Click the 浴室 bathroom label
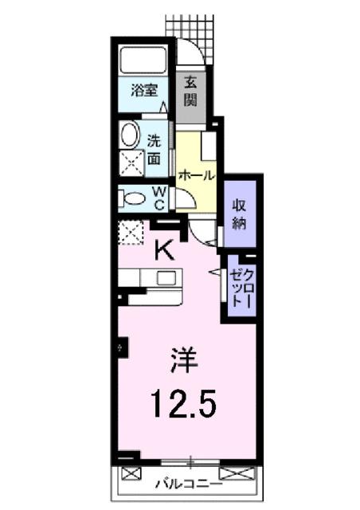(144, 91)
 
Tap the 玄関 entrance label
(192, 91)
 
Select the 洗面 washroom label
(155, 151)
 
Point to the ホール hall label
(195, 175)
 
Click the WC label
(158, 197)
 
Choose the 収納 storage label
(240, 213)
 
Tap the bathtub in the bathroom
(143, 61)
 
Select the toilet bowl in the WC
(134, 197)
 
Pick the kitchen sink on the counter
(166, 278)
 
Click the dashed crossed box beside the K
(130, 233)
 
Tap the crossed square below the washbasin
(130, 162)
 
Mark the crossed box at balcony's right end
(237, 475)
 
